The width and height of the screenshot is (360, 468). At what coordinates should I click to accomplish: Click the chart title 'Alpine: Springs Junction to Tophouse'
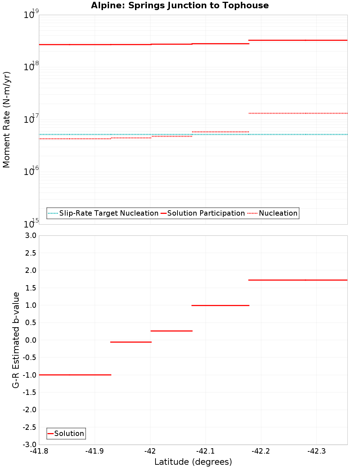coord(180,5)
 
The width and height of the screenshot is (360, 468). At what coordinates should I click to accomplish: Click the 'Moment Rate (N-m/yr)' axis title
coord(6,120)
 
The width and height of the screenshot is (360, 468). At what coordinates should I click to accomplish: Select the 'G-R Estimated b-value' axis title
coord(16,340)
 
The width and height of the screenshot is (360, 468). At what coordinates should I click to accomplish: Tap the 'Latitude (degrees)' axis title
coord(193,462)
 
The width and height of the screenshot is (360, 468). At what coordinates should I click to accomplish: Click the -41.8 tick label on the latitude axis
coord(39,451)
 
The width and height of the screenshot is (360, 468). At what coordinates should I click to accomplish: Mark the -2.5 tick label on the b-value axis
coord(30,427)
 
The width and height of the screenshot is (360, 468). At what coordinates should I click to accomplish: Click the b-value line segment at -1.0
coord(75,375)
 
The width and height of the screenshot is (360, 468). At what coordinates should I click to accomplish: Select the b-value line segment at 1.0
coord(220,305)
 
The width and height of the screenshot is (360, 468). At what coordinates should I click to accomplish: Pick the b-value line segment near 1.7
coord(298,280)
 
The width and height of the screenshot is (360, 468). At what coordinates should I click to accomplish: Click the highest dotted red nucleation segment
coord(298,113)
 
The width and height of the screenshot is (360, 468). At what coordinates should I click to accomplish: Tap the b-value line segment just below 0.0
coord(131,342)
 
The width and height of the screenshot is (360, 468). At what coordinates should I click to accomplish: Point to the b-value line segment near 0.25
coord(171,331)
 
